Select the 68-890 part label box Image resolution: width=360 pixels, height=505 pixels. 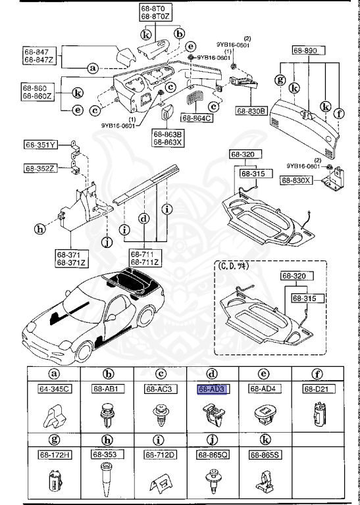[305, 50]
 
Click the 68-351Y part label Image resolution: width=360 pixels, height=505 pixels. [41, 144]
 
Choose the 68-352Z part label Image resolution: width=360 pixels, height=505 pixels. [41, 168]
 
